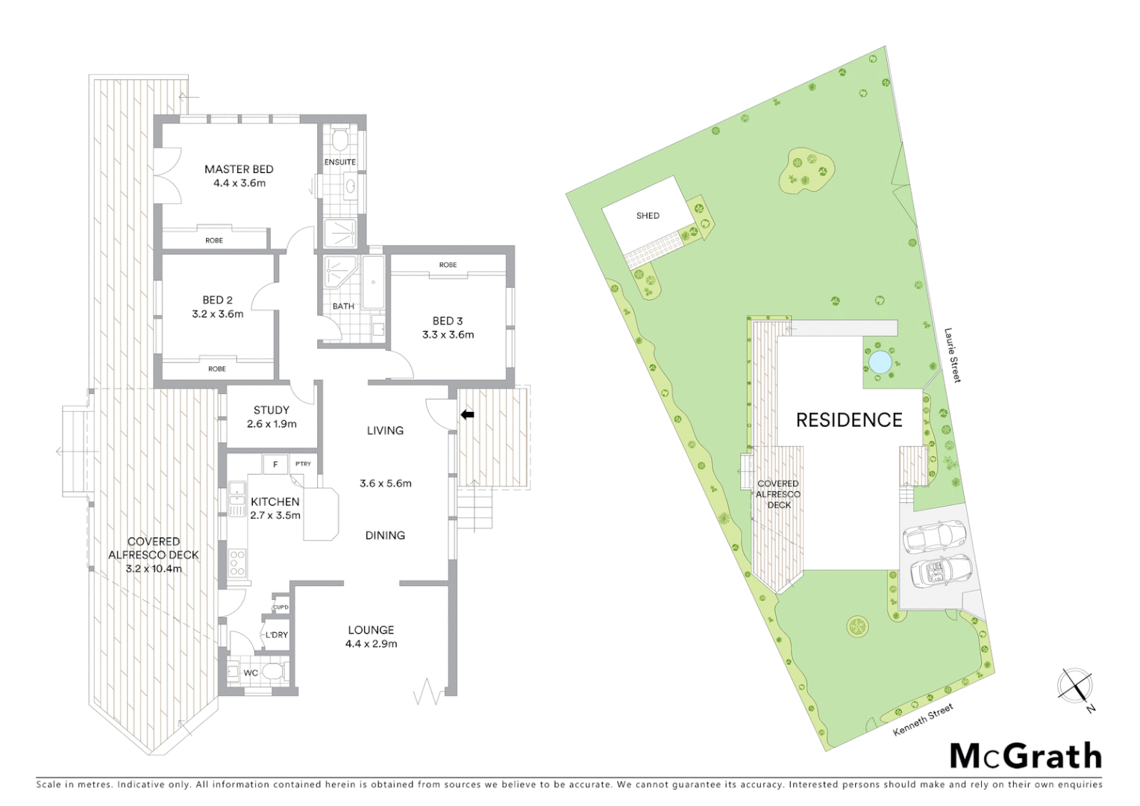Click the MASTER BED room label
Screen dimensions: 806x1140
pos(239,169)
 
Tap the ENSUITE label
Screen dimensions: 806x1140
pos(339,162)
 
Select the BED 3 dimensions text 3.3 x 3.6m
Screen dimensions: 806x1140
pos(448,334)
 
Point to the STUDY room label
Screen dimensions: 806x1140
pos(272,410)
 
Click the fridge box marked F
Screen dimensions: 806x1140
pos(275,464)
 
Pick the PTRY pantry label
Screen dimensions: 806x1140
pos(303,464)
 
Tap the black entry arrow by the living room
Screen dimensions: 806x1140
pos(467,414)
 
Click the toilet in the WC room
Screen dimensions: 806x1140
pos(273,672)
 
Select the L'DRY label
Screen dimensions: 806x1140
pos(276,635)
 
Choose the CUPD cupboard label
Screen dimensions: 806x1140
pos(281,607)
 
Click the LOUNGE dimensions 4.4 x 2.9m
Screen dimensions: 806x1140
pos(371,643)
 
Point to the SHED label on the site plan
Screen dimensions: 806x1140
pos(648,216)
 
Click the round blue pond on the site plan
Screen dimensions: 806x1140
pos(880,362)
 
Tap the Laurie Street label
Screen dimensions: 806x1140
pos(953,355)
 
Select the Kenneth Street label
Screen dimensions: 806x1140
pos(923,719)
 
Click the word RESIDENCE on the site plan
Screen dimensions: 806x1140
pos(849,420)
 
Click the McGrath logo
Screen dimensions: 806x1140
pos(1026,756)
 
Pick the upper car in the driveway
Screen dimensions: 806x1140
pos(934,536)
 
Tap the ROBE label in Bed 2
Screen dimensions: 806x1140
pos(217,369)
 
